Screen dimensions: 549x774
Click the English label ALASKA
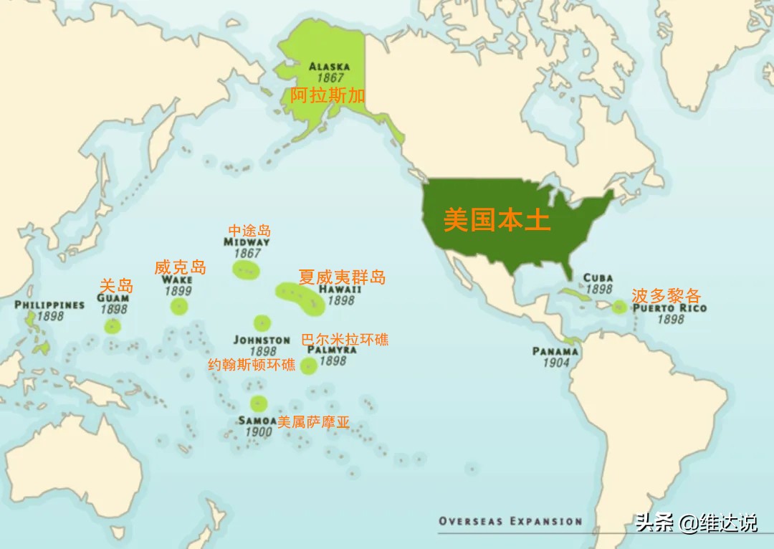point(329,67)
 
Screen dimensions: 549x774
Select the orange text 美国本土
point(497,220)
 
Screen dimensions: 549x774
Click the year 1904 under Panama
point(555,363)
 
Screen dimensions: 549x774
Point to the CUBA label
point(598,278)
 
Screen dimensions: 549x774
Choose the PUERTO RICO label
point(669,308)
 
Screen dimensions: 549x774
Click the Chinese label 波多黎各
point(666,295)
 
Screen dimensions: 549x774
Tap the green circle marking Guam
point(113,327)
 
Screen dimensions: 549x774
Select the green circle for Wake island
point(179,307)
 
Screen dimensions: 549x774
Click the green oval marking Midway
point(246,270)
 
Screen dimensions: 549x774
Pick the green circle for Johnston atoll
point(262,323)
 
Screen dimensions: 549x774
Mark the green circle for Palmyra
point(308,366)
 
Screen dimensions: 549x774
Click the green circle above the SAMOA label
point(258,404)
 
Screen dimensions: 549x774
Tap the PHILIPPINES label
point(49,305)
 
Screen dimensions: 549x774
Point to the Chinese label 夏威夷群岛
point(342,277)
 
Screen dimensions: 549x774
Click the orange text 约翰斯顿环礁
point(252,364)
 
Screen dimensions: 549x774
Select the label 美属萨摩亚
point(314,422)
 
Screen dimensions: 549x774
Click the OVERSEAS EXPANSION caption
point(510,521)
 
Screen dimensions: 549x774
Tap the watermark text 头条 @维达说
point(696,523)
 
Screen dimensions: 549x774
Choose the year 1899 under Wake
point(178,291)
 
